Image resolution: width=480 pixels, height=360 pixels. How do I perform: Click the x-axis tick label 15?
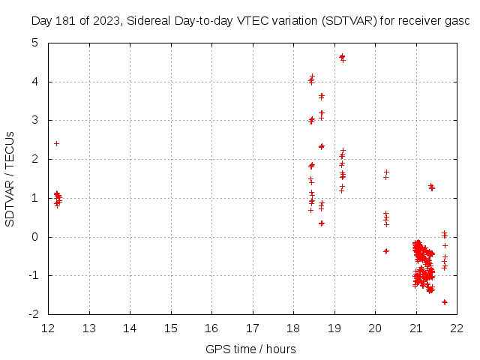170,328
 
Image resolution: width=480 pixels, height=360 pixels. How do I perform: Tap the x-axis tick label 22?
456,328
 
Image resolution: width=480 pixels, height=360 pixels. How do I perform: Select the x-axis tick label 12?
49,328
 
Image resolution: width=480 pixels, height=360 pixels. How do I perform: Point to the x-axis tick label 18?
292,328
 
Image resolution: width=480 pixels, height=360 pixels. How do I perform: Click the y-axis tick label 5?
35,43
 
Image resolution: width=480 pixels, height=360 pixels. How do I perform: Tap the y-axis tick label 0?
35,237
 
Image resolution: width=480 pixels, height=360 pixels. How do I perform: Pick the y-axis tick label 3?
35,121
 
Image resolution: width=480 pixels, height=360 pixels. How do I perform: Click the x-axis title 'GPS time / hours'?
250,349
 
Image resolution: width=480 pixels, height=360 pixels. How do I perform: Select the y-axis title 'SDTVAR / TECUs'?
10,178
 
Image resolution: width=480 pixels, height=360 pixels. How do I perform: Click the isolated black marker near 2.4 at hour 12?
56,143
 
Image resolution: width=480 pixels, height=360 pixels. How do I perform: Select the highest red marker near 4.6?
342,57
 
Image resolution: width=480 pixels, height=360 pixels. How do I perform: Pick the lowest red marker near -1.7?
445,302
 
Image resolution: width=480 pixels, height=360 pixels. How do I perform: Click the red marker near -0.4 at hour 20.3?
386,251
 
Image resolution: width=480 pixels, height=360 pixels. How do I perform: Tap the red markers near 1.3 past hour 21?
431,187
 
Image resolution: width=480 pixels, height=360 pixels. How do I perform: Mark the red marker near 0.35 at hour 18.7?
322,223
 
